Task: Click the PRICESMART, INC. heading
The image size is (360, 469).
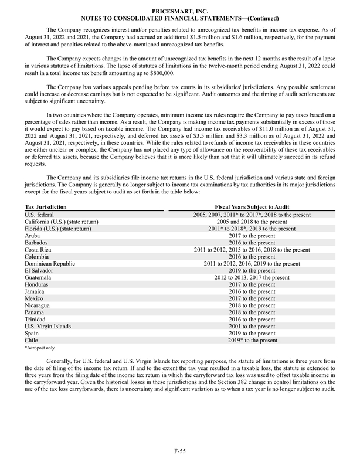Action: click(x=179, y=11)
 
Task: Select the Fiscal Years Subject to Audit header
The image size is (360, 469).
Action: click(x=253, y=208)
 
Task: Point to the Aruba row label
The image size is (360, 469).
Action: click(x=33, y=235)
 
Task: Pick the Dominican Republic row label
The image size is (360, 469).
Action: click(x=50, y=264)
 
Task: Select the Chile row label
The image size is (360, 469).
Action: click(x=32, y=340)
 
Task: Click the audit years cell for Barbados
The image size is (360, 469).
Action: click(x=253, y=242)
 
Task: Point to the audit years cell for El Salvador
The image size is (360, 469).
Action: click(x=253, y=270)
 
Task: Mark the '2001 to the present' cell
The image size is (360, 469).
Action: click(x=253, y=326)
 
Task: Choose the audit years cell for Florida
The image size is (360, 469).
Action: click(x=253, y=229)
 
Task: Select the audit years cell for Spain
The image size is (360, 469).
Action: click(x=253, y=333)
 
